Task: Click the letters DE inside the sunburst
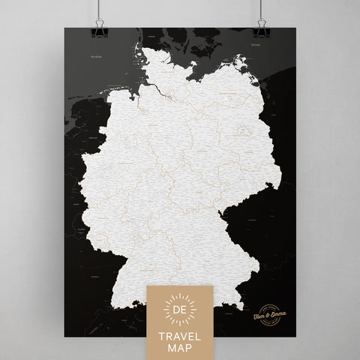click(x=179, y=309)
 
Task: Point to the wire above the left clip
click(x=96, y=9)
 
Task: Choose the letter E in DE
click(x=184, y=309)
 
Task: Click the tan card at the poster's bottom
click(x=179, y=322)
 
